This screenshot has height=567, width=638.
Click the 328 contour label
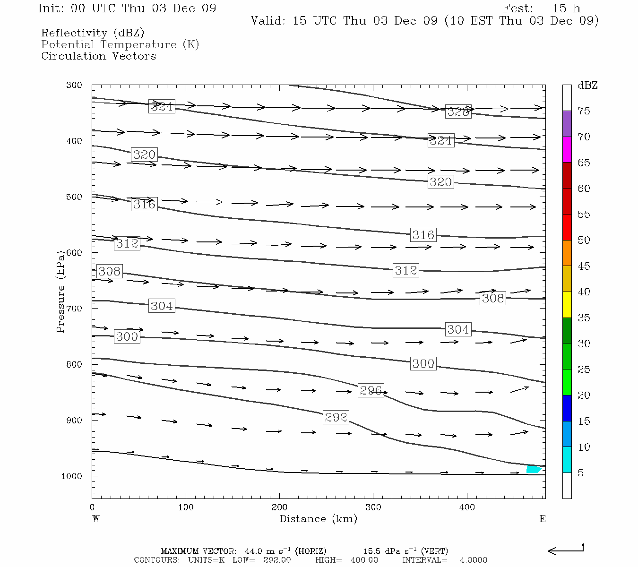(x=458, y=112)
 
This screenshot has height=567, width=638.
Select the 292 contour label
(x=336, y=417)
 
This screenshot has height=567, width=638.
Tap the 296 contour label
(x=371, y=390)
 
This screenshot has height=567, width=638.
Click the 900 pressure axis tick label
(x=74, y=420)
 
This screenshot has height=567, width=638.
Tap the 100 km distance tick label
(x=186, y=507)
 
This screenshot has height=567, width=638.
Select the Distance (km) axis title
(x=319, y=519)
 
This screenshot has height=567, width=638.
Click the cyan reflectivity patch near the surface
(x=533, y=469)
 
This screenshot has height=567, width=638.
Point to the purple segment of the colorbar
(x=567, y=124)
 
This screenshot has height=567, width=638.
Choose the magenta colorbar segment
(x=567, y=149)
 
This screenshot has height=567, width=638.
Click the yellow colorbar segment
(x=567, y=305)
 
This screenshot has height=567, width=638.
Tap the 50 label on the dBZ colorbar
(x=584, y=240)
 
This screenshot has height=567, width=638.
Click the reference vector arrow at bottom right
(x=565, y=550)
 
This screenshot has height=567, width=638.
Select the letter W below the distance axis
(x=96, y=519)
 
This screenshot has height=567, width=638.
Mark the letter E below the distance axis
(x=543, y=519)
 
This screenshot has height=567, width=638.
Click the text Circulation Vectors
(x=98, y=56)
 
